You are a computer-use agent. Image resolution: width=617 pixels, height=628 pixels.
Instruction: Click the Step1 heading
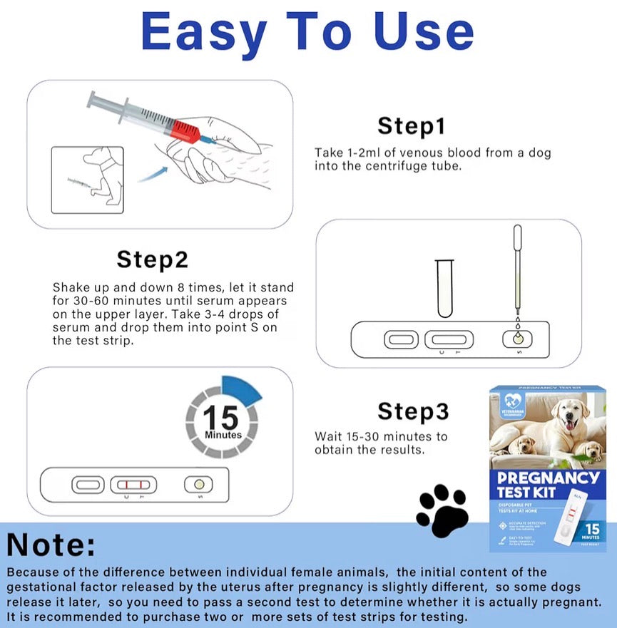point(412,126)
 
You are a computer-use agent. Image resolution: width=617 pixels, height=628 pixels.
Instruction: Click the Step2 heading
point(152,259)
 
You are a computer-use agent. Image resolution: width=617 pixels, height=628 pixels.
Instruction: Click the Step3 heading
point(413,411)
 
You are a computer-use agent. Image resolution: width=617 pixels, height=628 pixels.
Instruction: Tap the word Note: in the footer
point(51,545)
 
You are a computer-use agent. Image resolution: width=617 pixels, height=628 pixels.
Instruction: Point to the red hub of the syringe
point(185,130)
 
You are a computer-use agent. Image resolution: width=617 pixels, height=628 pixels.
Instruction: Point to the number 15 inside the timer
point(221,417)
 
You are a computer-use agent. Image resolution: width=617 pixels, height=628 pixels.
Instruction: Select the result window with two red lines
point(133,485)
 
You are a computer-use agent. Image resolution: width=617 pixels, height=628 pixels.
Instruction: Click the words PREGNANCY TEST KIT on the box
point(548,484)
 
